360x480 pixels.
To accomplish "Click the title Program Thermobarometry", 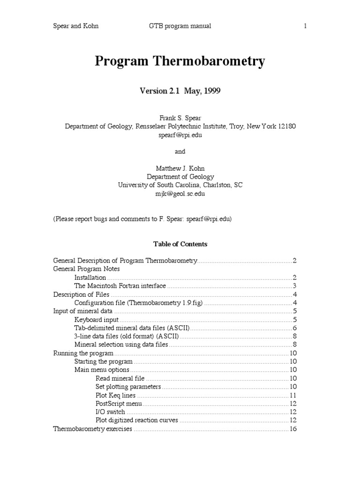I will point(180,61).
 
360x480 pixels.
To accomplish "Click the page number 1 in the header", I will point(305,26).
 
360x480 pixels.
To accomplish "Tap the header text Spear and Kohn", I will point(75,26).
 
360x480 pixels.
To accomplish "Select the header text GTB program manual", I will point(177,26).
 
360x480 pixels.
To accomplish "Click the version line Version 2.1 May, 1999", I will point(180,91).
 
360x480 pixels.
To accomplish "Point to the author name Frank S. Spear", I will point(180,118).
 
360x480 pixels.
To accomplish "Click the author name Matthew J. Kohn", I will point(180,168).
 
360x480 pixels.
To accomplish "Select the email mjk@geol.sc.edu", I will point(180,194).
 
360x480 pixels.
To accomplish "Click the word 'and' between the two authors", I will point(180,151).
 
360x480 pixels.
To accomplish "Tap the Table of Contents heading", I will point(180,244).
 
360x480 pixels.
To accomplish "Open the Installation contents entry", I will point(90,277).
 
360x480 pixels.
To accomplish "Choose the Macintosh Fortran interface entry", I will point(120,286).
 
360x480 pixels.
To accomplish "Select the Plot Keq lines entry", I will point(116,396).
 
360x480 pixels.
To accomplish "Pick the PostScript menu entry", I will point(119,404).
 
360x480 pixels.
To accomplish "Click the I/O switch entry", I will point(110,412).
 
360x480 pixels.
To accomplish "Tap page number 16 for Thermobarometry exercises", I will point(293,429).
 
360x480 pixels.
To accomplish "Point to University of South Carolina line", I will point(180,185).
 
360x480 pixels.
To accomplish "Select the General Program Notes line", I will point(86,269).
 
